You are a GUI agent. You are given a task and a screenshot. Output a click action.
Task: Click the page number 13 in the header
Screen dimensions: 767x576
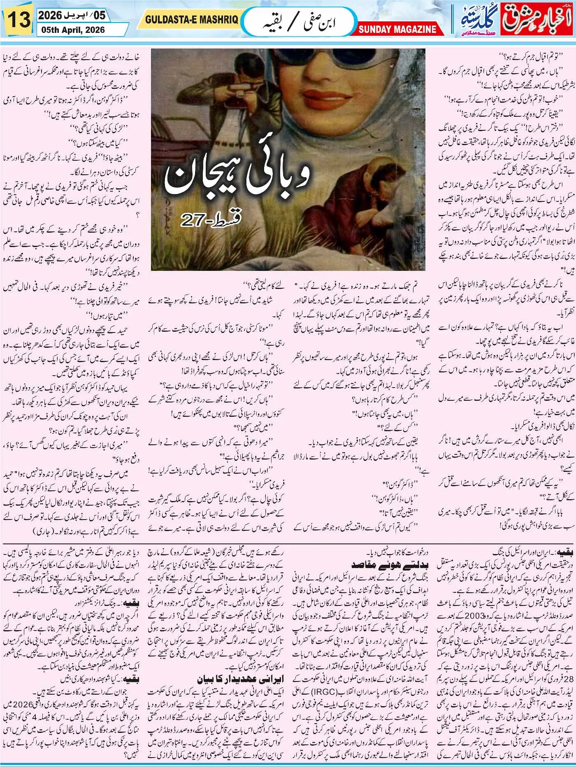18,20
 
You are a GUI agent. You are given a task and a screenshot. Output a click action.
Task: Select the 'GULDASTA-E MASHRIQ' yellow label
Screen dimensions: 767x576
191,20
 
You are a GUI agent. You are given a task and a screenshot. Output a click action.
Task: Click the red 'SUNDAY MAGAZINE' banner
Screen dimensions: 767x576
397,29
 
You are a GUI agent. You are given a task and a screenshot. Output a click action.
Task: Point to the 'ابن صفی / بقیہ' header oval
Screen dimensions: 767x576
298,22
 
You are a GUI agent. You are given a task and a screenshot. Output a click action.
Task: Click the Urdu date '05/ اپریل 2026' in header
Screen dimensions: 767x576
72,16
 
